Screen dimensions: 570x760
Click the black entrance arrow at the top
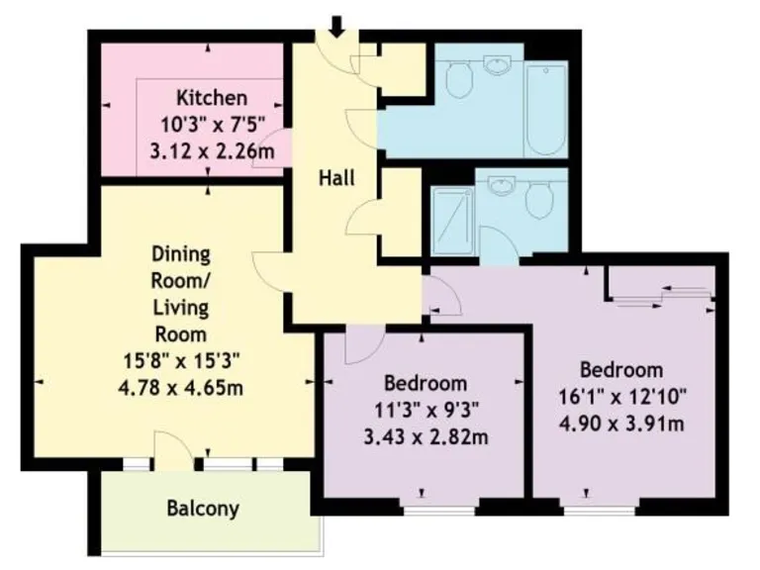tap(336, 26)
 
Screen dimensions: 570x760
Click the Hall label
tap(336, 179)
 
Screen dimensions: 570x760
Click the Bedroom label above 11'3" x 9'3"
tap(426, 384)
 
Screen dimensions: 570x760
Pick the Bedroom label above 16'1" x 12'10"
tap(620, 370)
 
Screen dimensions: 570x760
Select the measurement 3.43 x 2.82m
tap(426, 436)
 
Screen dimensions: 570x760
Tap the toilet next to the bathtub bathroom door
tap(459, 80)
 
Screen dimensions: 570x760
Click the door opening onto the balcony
tap(169, 450)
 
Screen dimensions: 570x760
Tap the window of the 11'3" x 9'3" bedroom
tap(426, 511)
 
